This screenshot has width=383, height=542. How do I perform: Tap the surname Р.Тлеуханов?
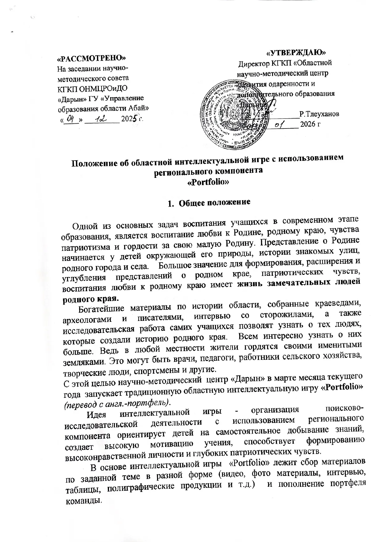tap(320, 114)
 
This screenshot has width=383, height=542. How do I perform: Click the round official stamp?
tap(233, 113)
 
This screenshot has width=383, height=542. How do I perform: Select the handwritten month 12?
tap(101, 118)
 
